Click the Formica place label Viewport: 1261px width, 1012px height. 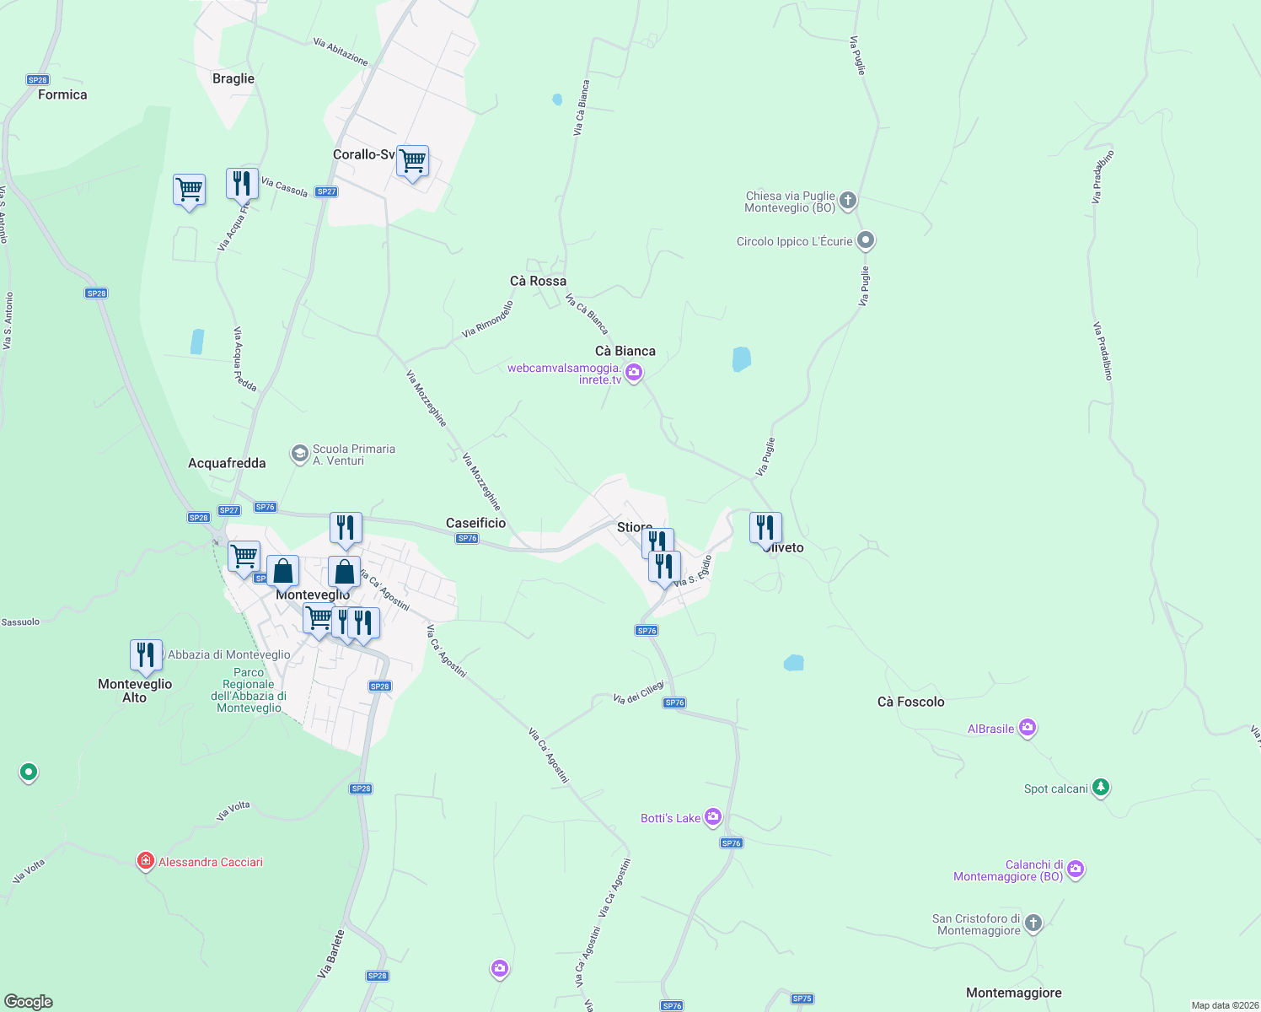62,94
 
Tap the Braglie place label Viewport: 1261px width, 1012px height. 233,78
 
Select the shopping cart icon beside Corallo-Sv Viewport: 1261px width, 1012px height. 413,160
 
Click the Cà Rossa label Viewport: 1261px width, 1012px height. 538,281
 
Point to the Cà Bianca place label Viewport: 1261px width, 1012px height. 625,351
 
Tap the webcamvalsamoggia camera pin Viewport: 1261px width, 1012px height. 634,372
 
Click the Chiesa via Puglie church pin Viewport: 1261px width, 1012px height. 848,201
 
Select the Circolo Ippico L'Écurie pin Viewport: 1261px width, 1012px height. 865,240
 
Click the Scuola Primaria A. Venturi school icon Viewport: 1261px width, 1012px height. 299,454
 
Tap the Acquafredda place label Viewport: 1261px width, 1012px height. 227,463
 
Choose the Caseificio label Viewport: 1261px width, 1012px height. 475,523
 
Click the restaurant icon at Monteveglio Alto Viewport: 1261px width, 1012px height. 146,654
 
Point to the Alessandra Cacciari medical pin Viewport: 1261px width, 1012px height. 146,861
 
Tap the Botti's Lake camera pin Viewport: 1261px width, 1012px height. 713,816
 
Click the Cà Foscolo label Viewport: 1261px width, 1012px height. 910,702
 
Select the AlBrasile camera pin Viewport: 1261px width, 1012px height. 1027,728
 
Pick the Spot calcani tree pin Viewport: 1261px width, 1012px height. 1100,788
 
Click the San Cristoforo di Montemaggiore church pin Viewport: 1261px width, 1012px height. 1033,923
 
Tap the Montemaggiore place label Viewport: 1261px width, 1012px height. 1013,993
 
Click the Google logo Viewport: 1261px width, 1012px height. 29,1001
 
